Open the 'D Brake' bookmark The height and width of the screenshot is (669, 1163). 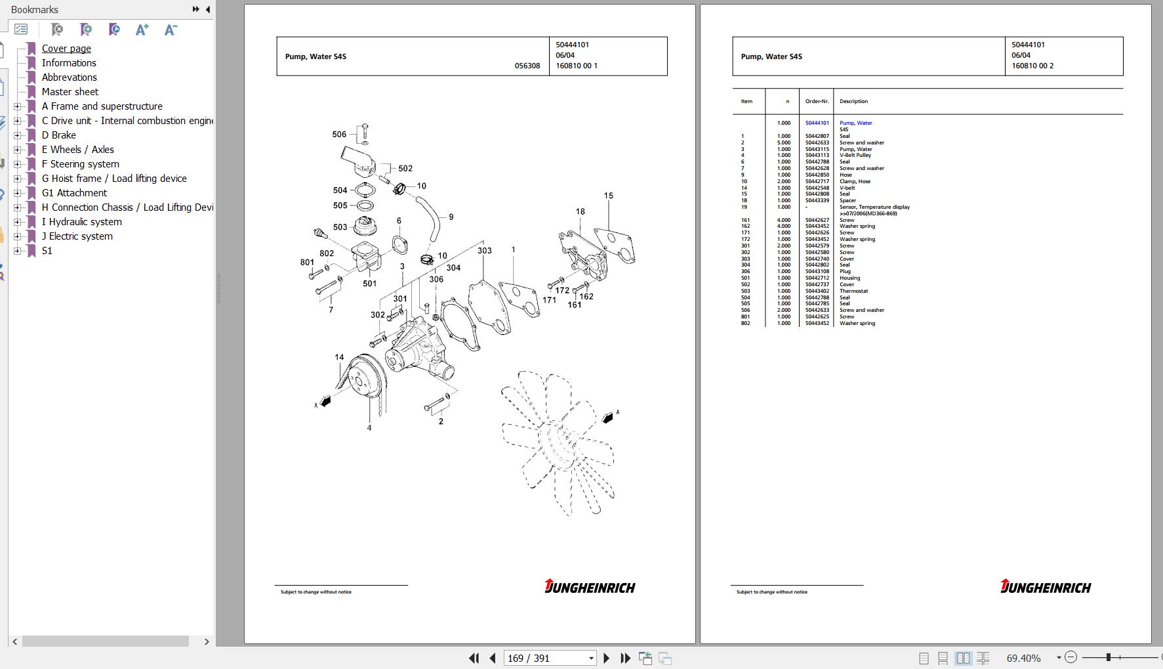pyautogui.click(x=58, y=135)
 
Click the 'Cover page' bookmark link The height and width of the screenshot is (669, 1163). pyautogui.click(x=66, y=49)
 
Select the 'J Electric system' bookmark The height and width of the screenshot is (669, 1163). pyautogui.click(x=77, y=236)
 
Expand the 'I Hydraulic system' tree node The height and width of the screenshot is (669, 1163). pyautogui.click(x=18, y=222)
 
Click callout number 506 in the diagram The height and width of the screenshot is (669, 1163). pyautogui.click(x=339, y=135)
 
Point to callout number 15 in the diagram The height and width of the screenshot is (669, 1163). pyautogui.click(x=609, y=196)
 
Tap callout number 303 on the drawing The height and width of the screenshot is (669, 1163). pyautogui.click(x=484, y=251)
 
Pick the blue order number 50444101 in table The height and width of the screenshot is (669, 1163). pyautogui.click(x=817, y=123)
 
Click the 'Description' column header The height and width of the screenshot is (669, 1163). pyautogui.click(x=853, y=101)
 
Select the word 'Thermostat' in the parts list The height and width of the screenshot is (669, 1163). pyautogui.click(x=853, y=291)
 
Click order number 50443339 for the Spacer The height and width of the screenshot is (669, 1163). pyautogui.click(x=817, y=200)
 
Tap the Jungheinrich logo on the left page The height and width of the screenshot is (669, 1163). pyautogui.click(x=589, y=587)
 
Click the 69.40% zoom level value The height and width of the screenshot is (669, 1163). pyautogui.click(x=1023, y=658)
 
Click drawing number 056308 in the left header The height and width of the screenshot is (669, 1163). pyautogui.click(x=527, y=66)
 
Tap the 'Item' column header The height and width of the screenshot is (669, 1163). pyautogui.click(x=746, y=101)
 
